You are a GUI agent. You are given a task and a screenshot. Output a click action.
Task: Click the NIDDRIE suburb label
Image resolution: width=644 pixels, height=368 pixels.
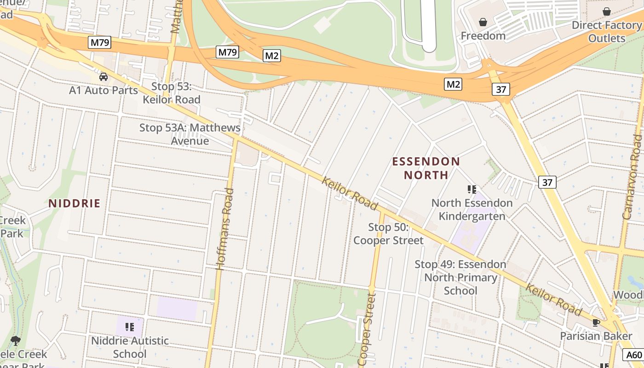point(75,203)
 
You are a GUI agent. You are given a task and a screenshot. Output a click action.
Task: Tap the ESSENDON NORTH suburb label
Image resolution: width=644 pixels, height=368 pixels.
point(426,168)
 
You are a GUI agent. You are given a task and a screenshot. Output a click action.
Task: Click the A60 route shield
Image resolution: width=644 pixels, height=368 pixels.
point(633,355)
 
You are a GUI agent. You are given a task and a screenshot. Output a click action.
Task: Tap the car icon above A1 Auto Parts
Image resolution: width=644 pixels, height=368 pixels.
point(103,77)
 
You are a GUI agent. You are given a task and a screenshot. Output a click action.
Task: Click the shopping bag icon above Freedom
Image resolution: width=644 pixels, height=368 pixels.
point(483,22)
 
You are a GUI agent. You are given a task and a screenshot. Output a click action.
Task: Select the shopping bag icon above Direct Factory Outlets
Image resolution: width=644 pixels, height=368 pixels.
point(607,11)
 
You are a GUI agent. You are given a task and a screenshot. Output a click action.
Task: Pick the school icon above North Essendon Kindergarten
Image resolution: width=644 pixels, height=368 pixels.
point(471,189)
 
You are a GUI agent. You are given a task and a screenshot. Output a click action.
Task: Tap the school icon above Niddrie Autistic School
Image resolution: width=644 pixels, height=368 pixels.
point(130,327)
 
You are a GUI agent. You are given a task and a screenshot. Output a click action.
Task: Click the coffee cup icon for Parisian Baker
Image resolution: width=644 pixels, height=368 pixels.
point(596,322)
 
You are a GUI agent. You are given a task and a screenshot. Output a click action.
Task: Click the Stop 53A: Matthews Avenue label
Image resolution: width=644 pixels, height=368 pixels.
point(190,134)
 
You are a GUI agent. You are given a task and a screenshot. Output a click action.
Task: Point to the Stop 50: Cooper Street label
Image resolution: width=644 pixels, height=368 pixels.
point(389,234)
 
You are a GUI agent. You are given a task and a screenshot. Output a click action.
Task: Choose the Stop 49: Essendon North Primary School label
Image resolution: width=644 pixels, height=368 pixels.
point(460,277)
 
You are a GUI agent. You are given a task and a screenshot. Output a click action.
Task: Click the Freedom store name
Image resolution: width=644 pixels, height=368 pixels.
point(483,36)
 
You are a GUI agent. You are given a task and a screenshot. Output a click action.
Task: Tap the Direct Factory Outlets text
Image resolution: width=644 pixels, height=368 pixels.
point(606,32)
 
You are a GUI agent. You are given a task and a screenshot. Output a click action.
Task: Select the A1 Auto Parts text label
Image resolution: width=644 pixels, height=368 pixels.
point(103,90)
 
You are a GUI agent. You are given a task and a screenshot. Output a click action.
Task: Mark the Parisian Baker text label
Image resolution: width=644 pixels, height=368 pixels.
point(596,336)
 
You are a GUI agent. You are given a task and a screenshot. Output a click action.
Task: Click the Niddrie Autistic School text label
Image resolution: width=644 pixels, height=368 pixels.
point(130,347)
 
